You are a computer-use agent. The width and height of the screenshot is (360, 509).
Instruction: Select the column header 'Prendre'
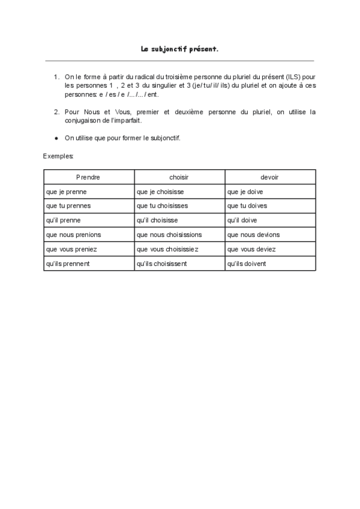88,178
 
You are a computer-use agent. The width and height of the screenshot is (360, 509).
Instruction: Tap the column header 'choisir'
179,178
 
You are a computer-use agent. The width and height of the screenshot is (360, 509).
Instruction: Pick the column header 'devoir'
269,178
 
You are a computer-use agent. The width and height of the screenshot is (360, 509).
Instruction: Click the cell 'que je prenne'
66,192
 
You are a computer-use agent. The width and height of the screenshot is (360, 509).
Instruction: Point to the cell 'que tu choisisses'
162,206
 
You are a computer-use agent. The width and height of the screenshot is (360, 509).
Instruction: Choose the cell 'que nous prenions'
73,235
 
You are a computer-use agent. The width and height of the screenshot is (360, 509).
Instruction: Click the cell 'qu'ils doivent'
247,264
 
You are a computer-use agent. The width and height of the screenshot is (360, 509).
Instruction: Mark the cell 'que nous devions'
253,235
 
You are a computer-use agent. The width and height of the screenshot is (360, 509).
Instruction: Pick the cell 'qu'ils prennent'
68,264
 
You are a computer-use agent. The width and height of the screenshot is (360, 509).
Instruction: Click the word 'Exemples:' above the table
59,156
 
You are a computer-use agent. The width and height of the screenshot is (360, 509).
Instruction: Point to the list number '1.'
56,77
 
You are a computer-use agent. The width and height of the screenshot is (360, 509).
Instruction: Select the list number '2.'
56,112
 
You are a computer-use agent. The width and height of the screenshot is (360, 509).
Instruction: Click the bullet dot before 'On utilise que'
56,138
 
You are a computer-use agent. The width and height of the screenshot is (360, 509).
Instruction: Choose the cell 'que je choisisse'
160,192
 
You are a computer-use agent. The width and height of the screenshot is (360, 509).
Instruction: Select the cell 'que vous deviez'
251,249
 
